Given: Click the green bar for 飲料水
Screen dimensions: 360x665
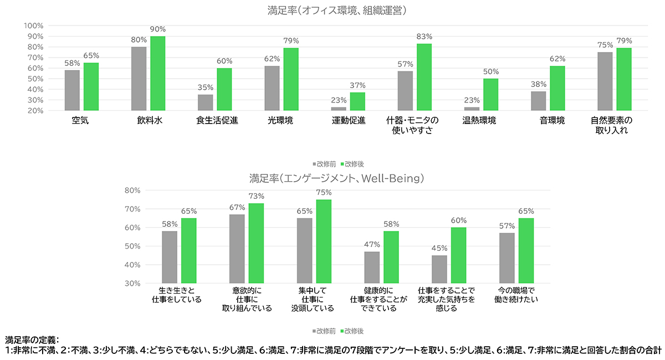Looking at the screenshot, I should tap(158, 73).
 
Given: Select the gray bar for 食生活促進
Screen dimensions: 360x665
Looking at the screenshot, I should tap(205, 102).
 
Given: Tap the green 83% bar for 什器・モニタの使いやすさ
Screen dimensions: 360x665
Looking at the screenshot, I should tap(424, 77).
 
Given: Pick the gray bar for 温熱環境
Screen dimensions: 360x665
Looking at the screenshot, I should tap(472, 109).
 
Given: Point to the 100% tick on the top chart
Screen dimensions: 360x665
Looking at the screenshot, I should tap(34, 25).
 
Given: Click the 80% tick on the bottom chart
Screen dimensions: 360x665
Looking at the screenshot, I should tap(133, 190).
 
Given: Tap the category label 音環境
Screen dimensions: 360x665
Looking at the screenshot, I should tap(553, 121).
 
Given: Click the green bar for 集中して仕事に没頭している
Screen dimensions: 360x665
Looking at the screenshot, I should tap(324, 241).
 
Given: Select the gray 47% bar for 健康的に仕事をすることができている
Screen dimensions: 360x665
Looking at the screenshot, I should tap(372, 267).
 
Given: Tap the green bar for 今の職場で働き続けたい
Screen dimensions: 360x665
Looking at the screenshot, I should tap(526, 250).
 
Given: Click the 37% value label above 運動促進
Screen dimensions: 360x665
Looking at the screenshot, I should tap(357, 85).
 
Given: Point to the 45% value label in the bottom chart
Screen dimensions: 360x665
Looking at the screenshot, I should tap(439, 248).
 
